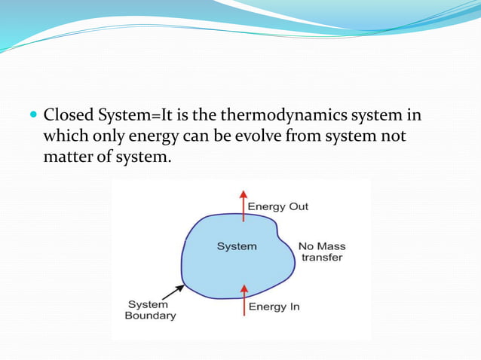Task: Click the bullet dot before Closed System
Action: [32, 117]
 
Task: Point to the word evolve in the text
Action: [235, 138]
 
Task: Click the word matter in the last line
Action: [67, 159]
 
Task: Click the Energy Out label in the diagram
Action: [278, 206]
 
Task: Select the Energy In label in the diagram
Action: [274, 307]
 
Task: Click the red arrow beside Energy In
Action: [243, 298]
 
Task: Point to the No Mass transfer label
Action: [322, 252]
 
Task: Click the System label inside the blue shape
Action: [237, 246]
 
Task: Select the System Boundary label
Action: [150, 310]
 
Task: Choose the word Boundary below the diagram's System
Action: [150, 316]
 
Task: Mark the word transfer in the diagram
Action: [322, 258]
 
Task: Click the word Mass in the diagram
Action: [332, 246]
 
